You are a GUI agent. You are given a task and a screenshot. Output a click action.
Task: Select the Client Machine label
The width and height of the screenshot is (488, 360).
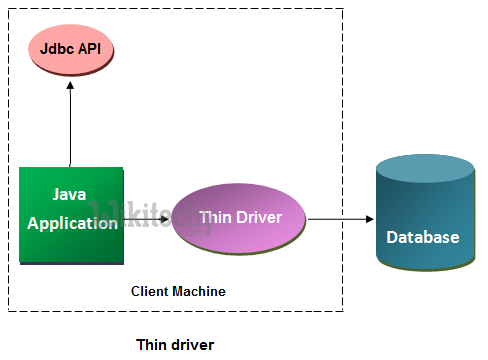tap(178, 291)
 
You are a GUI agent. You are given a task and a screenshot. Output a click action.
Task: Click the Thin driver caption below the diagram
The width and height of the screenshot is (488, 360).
tap(175, 344)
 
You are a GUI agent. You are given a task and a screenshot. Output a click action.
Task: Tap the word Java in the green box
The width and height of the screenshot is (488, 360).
tap(71, 194)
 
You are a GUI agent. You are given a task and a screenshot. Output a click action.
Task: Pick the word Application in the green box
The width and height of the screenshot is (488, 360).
tap(72, 223)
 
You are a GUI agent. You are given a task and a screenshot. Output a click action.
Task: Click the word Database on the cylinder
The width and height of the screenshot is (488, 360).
tap(424, 237)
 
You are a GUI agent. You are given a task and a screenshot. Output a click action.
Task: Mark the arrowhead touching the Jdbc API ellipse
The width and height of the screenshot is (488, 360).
tap(71, 87)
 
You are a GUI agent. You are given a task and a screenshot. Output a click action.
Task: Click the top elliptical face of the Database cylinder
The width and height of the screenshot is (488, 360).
tap(425, 171)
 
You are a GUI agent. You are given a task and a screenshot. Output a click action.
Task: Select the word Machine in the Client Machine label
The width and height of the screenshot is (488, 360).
tap(200, 291)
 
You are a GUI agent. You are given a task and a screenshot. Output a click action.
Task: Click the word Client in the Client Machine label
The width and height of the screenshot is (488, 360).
tap(151, 291)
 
